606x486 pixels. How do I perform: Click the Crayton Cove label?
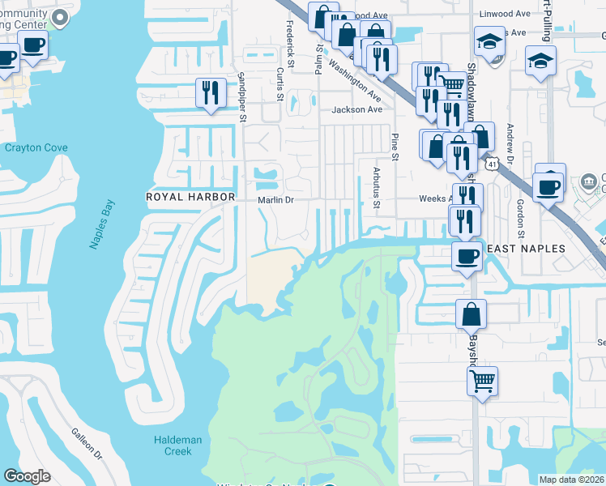pyautogui.click(x=36, y=148)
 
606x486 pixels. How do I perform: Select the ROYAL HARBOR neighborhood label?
pyautogui.click(x=190, y=197)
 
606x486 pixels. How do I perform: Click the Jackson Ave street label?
pyautogui.click(x=356, y=109)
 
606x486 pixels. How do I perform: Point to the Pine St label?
pyautogui.click(x=396, y=147)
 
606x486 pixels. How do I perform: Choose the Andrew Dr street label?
pyautogui.click(x=510, y=142)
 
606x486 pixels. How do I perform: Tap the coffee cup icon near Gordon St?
pyautogui.click(x=549, y=187)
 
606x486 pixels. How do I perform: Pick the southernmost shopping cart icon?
pyautogui.click(x=482, y=378)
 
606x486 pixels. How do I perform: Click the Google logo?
pyautogui.click(x=27, y=476)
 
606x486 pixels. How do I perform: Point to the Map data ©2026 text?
pyautogui.click(x=572, y=480)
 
